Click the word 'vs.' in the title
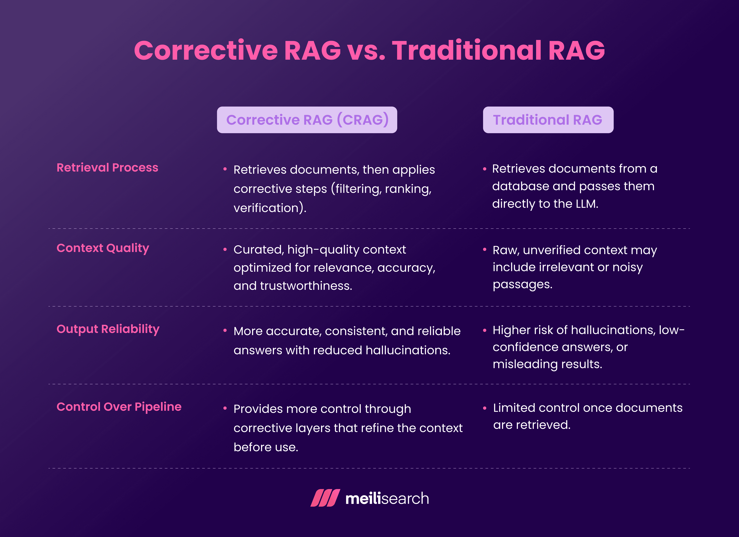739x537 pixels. pos(366,51)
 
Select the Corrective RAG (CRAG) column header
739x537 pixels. pos(307,120)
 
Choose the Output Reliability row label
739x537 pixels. pos(108,329)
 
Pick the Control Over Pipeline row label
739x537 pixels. pos(119,407)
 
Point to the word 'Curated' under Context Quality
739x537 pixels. pos(258,250)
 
